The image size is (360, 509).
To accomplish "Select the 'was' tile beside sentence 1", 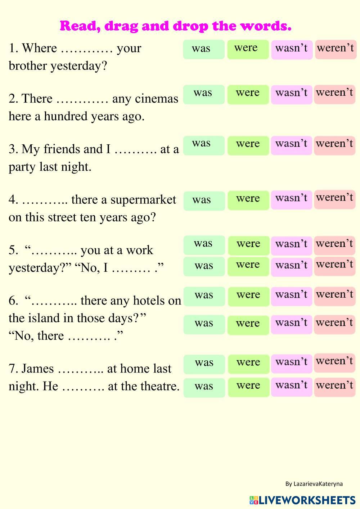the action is point(204,49).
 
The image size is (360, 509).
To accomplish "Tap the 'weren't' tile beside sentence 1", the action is point(336,49).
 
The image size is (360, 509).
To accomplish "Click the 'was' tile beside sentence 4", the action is point(204,201).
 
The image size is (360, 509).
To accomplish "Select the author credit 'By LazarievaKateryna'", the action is point(314,484).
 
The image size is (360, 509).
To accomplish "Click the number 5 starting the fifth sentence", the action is point(12,250).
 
